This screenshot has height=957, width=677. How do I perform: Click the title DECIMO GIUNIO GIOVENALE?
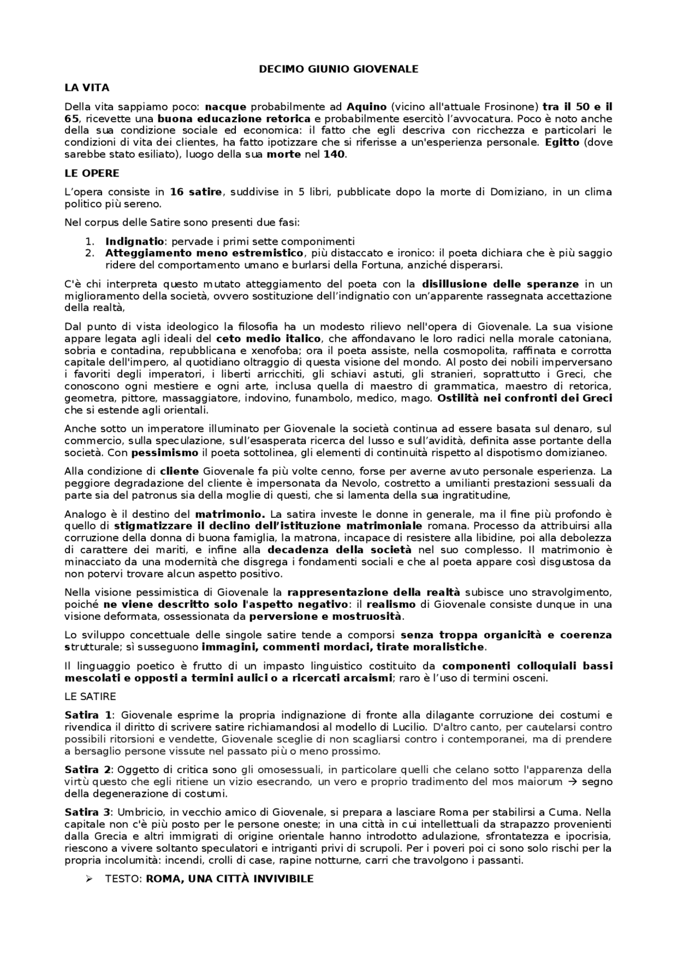[x=338, y=69]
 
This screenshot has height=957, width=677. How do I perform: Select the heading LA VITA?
[x=87, y=88]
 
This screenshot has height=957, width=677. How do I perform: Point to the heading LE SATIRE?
[x=90, y=696]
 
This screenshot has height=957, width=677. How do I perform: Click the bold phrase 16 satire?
[x=196, y=192]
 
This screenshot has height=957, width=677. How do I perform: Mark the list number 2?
[x=89, y=253]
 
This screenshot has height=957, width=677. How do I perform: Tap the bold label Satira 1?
[x=88, y=715]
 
